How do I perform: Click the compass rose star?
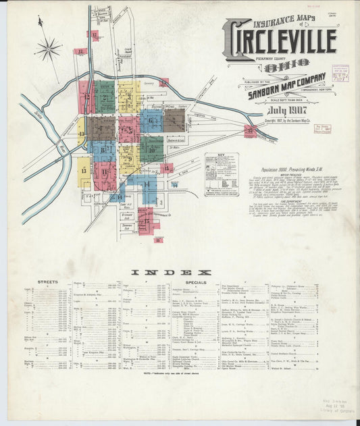point(48,48)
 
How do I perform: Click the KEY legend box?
point(222,174)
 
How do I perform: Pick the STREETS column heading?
point(47,282)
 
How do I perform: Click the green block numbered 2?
point(105,97)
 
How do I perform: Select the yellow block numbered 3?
point(128,97)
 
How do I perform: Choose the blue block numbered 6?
point(151,121)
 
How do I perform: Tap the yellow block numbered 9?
point(128,159)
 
